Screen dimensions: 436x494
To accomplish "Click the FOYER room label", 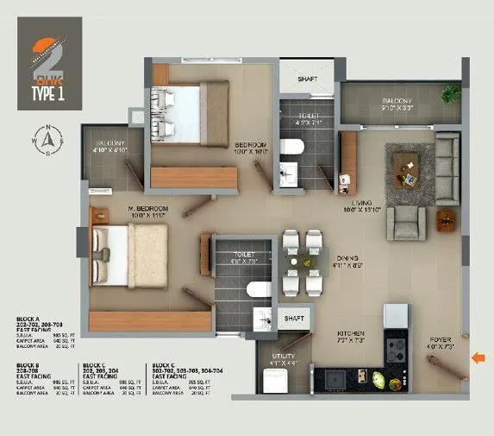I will tap(441, 341).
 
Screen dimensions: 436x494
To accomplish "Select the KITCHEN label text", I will tap(351, 333).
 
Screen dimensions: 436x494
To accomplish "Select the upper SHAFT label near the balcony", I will tap(308, 79).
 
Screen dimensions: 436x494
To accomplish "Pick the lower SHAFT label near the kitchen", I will tap(295, 319).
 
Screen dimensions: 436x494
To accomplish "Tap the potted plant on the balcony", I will tap(449, 93).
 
